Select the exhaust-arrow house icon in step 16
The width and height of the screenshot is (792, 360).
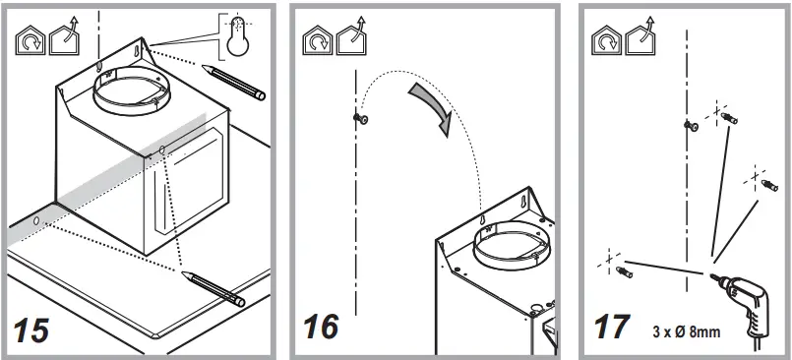(351, 38)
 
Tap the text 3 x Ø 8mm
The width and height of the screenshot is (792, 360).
(687, 331)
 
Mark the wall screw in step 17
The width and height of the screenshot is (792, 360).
(691, 124)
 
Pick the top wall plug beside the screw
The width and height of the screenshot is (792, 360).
(729, 119)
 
